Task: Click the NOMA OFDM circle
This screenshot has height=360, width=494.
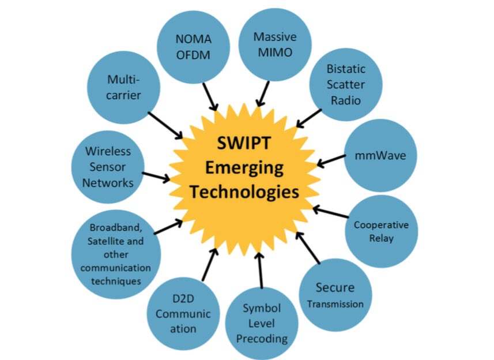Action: [x=194, y=47]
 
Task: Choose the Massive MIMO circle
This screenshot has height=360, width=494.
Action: [x=275, y=44]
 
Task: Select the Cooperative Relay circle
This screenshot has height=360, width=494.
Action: [x=381, y=231]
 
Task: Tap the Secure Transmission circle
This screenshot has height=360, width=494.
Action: [x=335, y=295]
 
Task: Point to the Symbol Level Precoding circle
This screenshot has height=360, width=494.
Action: [x=261, y=323]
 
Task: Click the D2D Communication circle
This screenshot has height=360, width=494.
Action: [x=183, y=313]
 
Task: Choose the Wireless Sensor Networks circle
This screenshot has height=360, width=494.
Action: [x=108, y=167]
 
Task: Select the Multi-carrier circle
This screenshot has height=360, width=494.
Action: [x=123, y=87]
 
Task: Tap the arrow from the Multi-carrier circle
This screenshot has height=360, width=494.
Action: [x=165, y=125]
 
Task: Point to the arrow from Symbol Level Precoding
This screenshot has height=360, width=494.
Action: [x=260, y=271]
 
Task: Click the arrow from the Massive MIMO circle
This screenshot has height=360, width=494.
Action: [x=263, y=93]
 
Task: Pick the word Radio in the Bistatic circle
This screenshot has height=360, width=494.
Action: [x=346, y=100]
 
